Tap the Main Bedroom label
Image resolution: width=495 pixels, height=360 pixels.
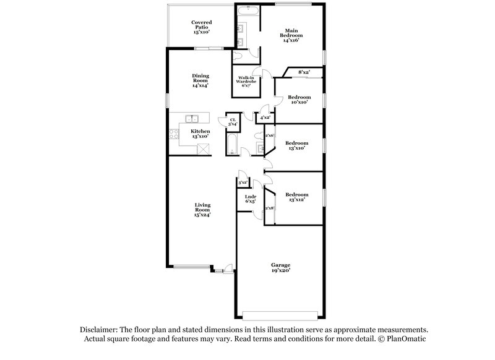click(x=291, y=35)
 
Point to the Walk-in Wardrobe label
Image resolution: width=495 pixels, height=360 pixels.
click(x=244, y=81)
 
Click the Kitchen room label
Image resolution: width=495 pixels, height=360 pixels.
click(x=200, y=134)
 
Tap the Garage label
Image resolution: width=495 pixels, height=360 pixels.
click(x=280, y=267)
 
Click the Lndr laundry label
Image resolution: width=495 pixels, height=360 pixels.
click(x=251, y=199)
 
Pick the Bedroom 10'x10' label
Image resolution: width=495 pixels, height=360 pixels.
click(x=299, y=100)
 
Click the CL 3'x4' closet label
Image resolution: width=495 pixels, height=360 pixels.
click(x=233, y=122)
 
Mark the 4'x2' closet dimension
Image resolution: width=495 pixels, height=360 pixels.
click(x=265, y=117)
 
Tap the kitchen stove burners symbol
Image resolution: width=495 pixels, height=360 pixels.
click(x=173, y=134)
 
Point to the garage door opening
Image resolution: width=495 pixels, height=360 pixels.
click(x=282, y=312)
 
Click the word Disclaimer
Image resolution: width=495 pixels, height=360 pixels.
click(x=100, y=330)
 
